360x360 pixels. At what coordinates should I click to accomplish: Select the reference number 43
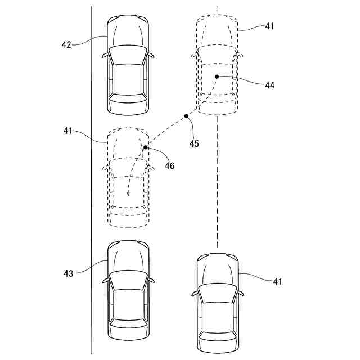68,273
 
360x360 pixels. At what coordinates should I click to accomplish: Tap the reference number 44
270,85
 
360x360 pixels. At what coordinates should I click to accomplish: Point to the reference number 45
194,143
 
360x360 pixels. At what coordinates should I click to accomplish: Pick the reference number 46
169,166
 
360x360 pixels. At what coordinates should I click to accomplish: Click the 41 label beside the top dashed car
271,26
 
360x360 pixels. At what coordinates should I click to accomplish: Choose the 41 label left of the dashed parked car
68,130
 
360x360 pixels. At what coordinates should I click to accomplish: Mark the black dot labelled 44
217,76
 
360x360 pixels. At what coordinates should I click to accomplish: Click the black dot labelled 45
186,116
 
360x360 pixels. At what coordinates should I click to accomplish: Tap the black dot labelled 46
145,147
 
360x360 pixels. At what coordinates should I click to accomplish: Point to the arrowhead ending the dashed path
128,194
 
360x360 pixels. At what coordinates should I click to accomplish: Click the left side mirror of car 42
105,56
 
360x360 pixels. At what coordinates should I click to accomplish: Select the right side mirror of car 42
151,55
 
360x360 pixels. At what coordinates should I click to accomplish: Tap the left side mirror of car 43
105,280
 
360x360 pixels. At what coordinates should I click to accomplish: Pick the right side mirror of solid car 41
241,293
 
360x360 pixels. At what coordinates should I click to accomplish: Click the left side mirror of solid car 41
195,293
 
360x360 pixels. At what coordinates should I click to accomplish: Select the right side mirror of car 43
151,280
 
